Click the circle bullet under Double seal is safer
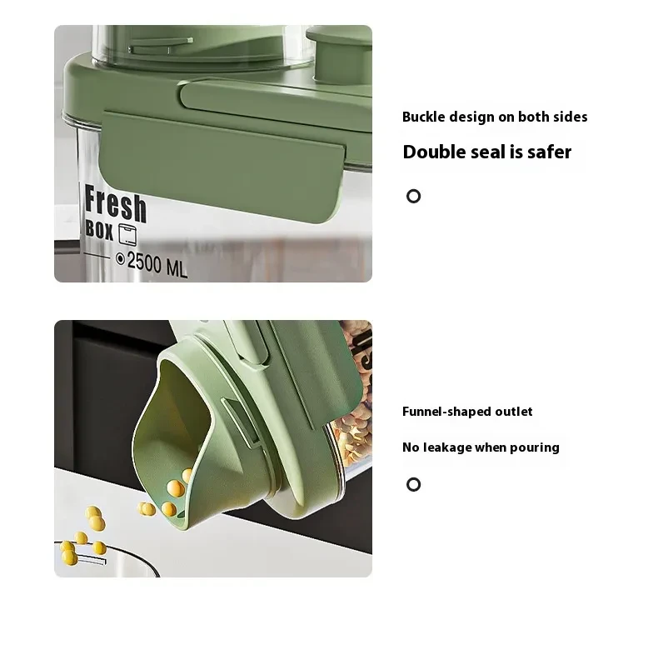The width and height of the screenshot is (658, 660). [x=414, y=196]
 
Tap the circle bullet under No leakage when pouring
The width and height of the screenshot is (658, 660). [x=414, y=484]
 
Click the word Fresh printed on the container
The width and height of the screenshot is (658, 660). [x=116, y=204]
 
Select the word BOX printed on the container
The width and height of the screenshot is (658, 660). [x=99, y=230]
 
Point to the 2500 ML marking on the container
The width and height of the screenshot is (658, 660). [x=157, y=265]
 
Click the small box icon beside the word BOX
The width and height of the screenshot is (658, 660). [x=127, y=234]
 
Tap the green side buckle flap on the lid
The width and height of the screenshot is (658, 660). [x=221, y=167]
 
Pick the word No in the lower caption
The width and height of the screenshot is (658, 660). [x=411, y=447]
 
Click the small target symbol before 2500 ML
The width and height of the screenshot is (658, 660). [x=120, y=259]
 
